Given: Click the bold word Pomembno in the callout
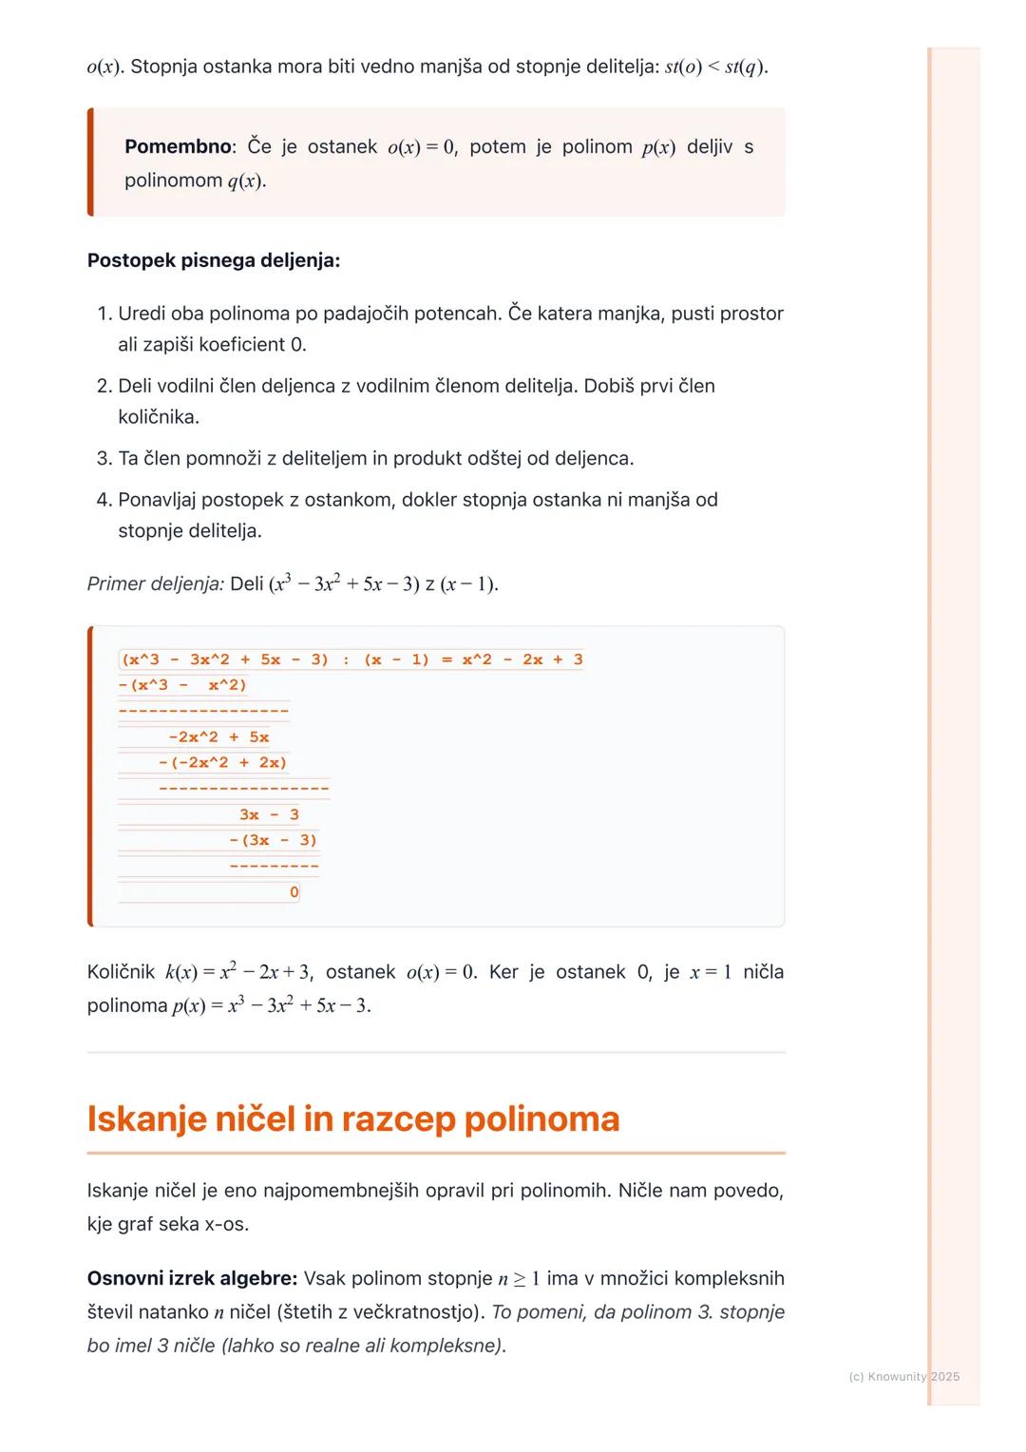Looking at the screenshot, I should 178,147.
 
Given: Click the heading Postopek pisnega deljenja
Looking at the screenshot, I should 213,260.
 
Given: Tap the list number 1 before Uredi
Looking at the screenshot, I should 104,314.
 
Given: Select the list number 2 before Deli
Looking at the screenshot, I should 104,386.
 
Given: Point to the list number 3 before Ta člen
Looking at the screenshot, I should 104,458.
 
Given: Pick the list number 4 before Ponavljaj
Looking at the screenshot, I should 104,500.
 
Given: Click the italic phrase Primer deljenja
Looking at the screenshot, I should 155,583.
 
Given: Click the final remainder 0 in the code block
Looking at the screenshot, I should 294,892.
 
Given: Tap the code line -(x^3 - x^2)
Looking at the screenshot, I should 182,685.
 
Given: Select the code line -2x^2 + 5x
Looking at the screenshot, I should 218,737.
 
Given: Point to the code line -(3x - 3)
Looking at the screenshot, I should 274,841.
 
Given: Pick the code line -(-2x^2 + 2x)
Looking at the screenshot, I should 222,763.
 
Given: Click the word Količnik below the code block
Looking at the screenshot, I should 121,972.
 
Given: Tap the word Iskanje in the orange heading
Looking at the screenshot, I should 145,1119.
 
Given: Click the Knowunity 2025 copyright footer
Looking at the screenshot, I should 903,1377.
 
